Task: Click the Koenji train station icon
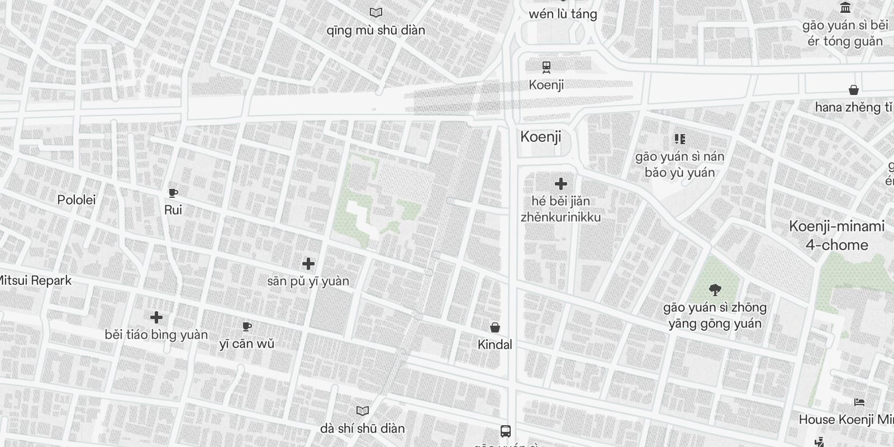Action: click(x=546, y=67)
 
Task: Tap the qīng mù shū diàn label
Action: click(x=375, y=30)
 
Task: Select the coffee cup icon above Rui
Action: click(x=173, y=193)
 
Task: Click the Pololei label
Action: click(x=77, y=200)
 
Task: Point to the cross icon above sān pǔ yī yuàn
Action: click(x=308, y=264)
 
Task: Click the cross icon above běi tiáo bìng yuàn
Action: click(x=156, y=317)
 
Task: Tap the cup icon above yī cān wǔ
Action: click(x=247, y=327)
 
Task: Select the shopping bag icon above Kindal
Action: click(x=495, y=327)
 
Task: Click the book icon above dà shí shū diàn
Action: click(x=363, y=411)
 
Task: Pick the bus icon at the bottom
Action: click(x=506, y=431)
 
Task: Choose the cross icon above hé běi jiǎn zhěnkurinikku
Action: click(x=561, y=184)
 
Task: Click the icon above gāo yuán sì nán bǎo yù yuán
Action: click(x=679, y=139)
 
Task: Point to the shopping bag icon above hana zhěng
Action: click(x=853, y=90)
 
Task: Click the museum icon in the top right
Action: click(x=845, y=8)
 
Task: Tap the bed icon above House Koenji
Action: click(x=859, y=402)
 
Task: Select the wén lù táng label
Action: click(x=563, y=15)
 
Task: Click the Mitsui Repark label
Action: click(x=35, y=280)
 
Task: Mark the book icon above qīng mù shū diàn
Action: click(x=376, y=12)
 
